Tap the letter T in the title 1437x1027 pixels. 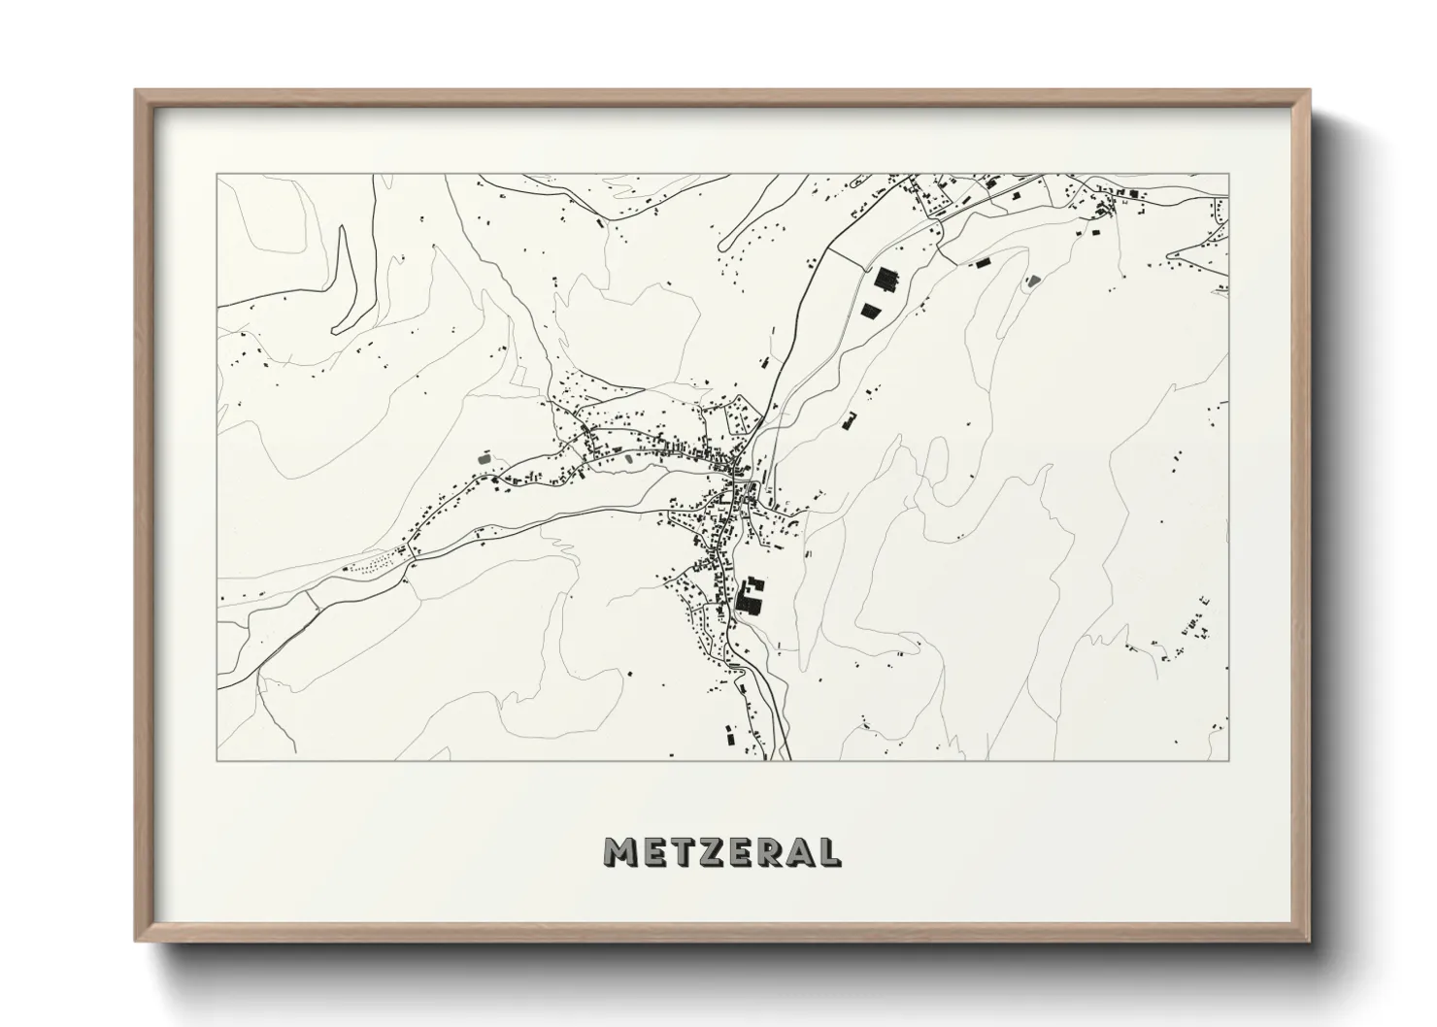tap(681, 851)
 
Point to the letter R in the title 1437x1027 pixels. tap(770, 851)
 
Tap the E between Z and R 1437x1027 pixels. tap(740, 851)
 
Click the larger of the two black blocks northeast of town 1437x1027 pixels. tap(886, 280)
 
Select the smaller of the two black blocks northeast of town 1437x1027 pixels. tap(871, 310)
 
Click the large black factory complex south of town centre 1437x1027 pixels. tap(750, 595)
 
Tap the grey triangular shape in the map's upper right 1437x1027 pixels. tap(1032, 281)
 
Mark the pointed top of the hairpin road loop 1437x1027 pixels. tap(342, 229)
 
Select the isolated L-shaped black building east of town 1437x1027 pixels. tap(852, 420)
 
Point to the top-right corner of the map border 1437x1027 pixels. tap(1228, 175)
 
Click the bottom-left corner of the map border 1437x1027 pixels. tap(217, 760)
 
